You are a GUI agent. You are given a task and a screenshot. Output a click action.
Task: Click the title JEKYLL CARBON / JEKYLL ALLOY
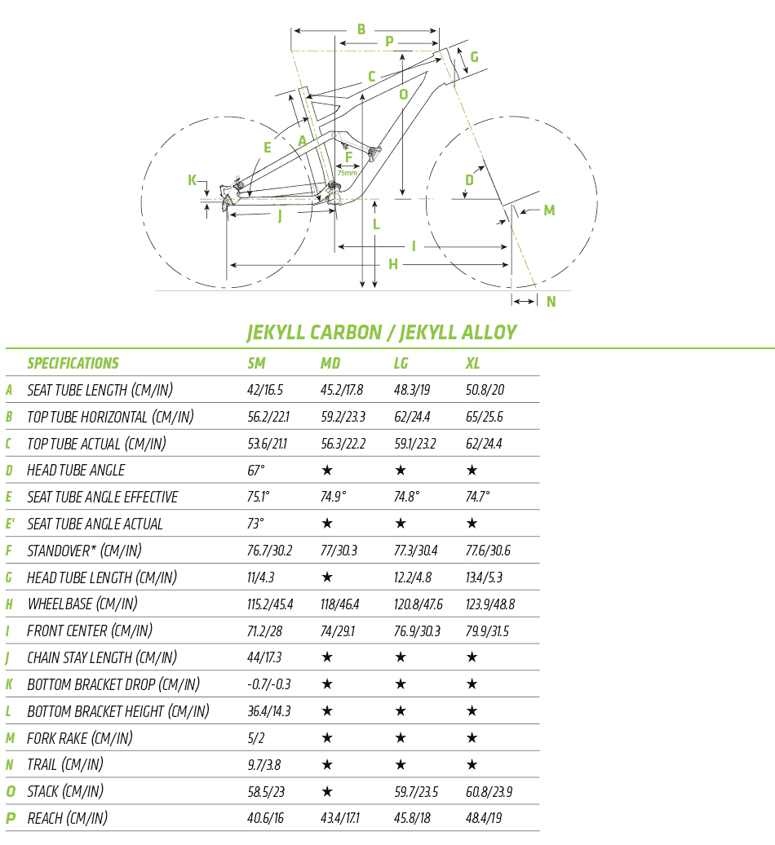382,333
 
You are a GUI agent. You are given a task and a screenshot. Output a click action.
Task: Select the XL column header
473,364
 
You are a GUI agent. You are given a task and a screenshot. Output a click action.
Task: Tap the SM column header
256,364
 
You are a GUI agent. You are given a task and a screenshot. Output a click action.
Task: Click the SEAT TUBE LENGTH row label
100,390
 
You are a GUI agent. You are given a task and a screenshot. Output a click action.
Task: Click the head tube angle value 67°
256,471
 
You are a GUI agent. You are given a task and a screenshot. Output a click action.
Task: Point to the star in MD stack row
327,792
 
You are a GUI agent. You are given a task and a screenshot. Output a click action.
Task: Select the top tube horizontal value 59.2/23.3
343,417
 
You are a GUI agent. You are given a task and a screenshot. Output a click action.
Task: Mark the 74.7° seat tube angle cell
480,497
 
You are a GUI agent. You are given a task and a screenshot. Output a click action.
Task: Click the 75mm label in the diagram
348,172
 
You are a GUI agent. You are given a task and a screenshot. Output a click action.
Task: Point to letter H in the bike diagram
393,264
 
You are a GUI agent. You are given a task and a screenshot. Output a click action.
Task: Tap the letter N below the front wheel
551,301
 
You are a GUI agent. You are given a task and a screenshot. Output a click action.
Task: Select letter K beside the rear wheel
193,180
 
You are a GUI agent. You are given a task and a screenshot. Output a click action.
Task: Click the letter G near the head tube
474,56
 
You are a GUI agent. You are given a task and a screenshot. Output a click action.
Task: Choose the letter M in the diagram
549,210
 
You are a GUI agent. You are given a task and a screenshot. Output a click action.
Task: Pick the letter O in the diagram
403,94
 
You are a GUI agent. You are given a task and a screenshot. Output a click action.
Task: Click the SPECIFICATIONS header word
73,364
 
